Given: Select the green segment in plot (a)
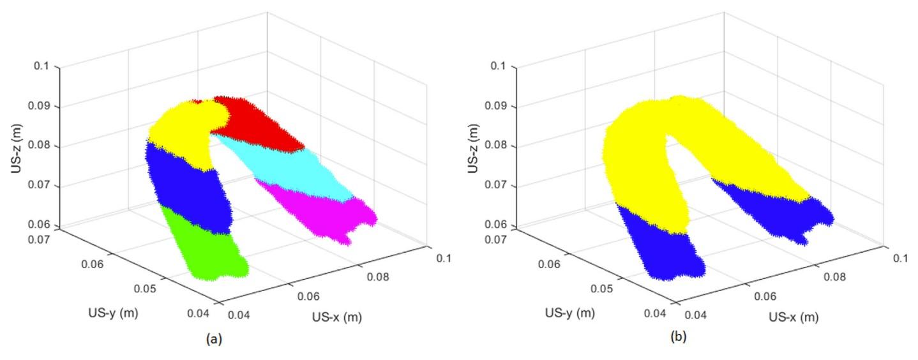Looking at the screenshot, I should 204,246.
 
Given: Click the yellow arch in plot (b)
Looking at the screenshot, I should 645,160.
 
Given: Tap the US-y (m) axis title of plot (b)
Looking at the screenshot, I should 571,313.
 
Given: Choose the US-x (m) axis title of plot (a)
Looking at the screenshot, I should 338,317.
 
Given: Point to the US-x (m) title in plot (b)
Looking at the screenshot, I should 794,317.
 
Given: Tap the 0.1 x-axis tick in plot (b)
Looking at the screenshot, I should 900,258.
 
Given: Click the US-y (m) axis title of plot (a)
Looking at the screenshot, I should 114,313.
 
